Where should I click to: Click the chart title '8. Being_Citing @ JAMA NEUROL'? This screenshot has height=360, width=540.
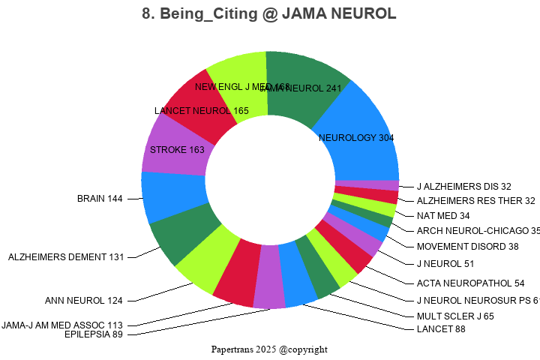click(269, 14)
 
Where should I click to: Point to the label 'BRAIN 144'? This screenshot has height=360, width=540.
click(100, 199)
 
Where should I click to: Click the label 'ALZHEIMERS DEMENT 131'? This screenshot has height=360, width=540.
click(66, 257)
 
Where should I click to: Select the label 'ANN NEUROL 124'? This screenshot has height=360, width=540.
click(84, 301)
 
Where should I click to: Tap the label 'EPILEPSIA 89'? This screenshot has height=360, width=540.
click(94, 334)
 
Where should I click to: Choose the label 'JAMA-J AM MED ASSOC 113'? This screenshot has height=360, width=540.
click(62, 325)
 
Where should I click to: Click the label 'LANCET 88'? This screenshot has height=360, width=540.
click(441, 329)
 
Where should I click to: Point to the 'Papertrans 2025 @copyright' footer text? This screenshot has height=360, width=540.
click(269, 349)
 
